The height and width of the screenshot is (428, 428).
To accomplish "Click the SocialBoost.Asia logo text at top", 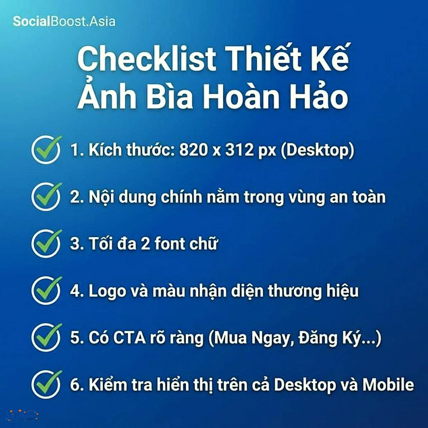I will (64, 21).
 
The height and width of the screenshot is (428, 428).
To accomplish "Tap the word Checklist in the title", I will (147, 59).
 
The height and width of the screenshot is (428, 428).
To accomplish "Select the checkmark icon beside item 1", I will (46, 150).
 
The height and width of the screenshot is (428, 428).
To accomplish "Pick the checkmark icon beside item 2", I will (46, 196).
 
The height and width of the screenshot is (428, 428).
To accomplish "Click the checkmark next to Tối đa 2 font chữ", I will (46, 243).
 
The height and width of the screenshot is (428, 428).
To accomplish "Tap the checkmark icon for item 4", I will (46, 290).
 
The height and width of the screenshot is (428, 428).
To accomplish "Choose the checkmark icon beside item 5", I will (46, 337).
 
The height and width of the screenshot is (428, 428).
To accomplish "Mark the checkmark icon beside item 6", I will (46, 384).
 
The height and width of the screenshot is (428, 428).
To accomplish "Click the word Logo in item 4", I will (107, 291).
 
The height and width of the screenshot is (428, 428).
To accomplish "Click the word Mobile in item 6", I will (388, 385).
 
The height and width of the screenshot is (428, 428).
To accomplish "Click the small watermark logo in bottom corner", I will (22, 416).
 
